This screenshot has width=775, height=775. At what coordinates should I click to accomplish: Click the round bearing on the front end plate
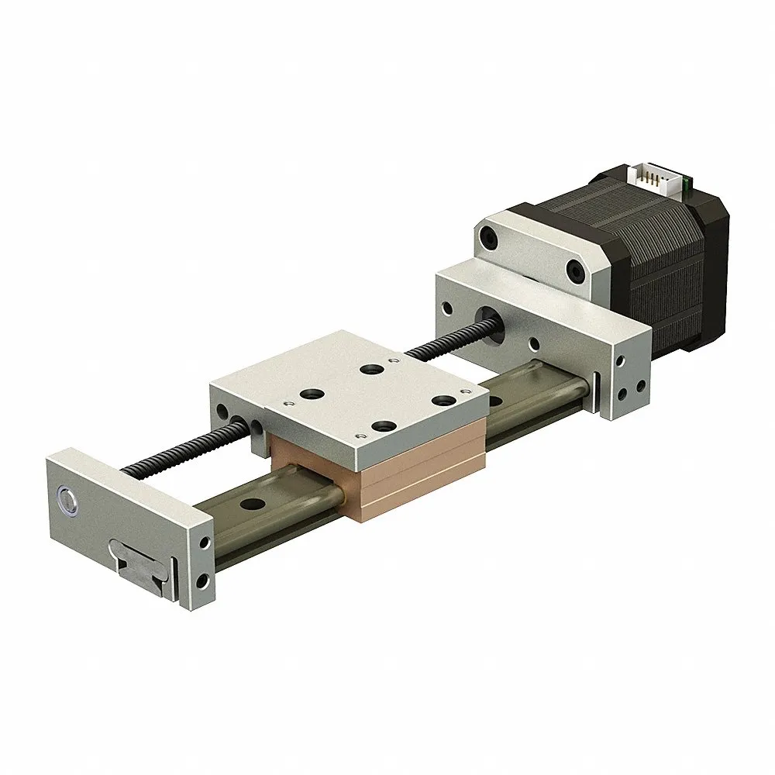(68, 500)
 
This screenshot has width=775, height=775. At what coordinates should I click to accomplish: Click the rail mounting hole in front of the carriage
(250, 505)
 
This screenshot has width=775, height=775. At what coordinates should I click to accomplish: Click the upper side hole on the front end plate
(205, 541)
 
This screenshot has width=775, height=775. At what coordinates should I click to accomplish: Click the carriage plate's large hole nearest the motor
(374, 369)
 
